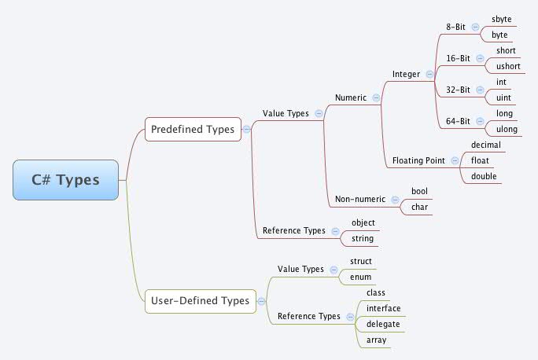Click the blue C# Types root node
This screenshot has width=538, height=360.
click(x=66, y=179)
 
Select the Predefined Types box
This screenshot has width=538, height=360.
click(x=193, y=129)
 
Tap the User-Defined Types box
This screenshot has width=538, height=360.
click(x=199, y=300)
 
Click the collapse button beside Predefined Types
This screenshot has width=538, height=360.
click(x=247, y=129)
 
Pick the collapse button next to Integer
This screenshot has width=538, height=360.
click(x=429, y=74)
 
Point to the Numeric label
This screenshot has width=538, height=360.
click(x=351, y=97)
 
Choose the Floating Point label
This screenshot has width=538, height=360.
click(x=418, y=160)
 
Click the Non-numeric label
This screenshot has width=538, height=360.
click(x=361, y=199)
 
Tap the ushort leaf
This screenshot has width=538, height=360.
click(x=506, y=66)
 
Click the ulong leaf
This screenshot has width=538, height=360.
click(x=507, y=129)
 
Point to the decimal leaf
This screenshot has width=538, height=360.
click(x=485, y=145)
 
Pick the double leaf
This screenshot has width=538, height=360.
click(x=484, y=176)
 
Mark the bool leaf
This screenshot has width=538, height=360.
click(x=419, y=191)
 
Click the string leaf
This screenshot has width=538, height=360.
click(x=363, y=238)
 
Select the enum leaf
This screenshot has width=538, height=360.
click(x=360, y=277)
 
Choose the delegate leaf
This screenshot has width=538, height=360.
click(x=383, y=324)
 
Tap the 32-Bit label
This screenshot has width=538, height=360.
click(x=458, y=90)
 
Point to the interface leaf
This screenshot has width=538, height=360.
click(x=384, y=308)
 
